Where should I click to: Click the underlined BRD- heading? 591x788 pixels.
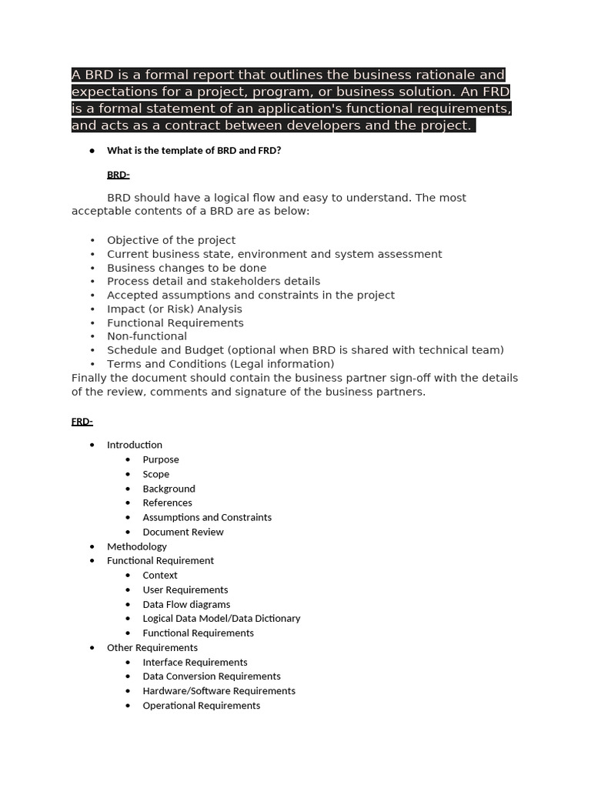[118, 175]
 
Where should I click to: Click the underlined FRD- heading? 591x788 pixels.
[82, 422]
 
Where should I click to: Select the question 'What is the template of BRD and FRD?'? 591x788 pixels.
[194, 151]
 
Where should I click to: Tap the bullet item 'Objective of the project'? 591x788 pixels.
[171, 240]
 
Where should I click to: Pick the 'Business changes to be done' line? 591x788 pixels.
[186, 268]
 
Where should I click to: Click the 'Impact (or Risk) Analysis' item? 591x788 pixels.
[174, 309]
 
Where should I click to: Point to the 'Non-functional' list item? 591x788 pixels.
[146, 336]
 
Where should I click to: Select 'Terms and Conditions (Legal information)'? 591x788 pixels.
[220, 364]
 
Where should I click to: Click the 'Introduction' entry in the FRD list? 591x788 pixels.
[135, 445]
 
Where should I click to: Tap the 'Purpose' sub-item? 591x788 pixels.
[161, 459]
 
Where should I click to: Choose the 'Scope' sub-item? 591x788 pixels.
[156, 474]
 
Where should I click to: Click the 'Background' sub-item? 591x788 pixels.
[169, 489]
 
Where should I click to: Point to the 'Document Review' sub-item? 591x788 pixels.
[183, 532]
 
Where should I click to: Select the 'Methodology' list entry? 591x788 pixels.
[137, 546]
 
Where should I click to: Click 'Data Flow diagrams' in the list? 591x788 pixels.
[186, 604]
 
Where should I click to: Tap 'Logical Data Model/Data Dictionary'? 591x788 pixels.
[222, 619]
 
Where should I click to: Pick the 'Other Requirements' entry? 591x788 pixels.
[152, 647]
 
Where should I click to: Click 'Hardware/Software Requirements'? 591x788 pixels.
[219, 691]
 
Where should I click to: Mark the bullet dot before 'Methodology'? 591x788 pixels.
[92, 546]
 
